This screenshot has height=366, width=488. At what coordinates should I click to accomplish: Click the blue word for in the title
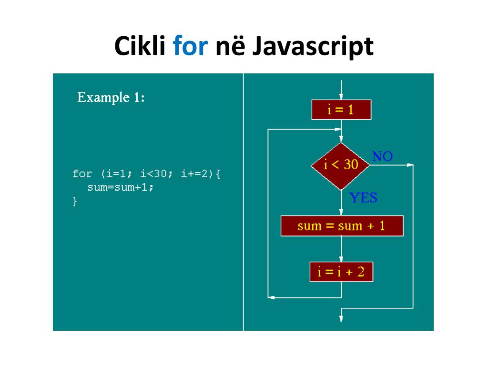coord(190,47)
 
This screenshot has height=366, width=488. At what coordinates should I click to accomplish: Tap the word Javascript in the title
coord(312,47)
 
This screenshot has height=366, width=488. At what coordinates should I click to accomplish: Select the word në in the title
coord(230,47)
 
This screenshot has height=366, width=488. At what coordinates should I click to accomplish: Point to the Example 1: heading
coord(111,98)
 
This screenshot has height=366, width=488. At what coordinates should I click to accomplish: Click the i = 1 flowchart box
coord(341,110)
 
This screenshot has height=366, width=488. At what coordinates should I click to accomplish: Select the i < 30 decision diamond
coord(341,165)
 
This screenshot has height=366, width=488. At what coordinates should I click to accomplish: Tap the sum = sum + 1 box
coord(342,226)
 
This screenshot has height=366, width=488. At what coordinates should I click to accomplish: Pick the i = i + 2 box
coord(341,272)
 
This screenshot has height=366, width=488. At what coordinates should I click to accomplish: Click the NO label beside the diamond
coord(382,156)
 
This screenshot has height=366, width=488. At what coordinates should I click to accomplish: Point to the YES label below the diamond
coord(363,198)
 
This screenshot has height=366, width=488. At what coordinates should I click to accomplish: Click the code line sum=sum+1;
coord(121,187)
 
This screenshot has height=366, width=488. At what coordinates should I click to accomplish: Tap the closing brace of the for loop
coord(75,201)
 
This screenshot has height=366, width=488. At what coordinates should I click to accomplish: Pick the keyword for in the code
coord(82,173)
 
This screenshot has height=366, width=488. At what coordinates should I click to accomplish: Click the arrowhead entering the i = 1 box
coord(341,97)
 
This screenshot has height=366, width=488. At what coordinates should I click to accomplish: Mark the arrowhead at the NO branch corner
coord(410,165)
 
